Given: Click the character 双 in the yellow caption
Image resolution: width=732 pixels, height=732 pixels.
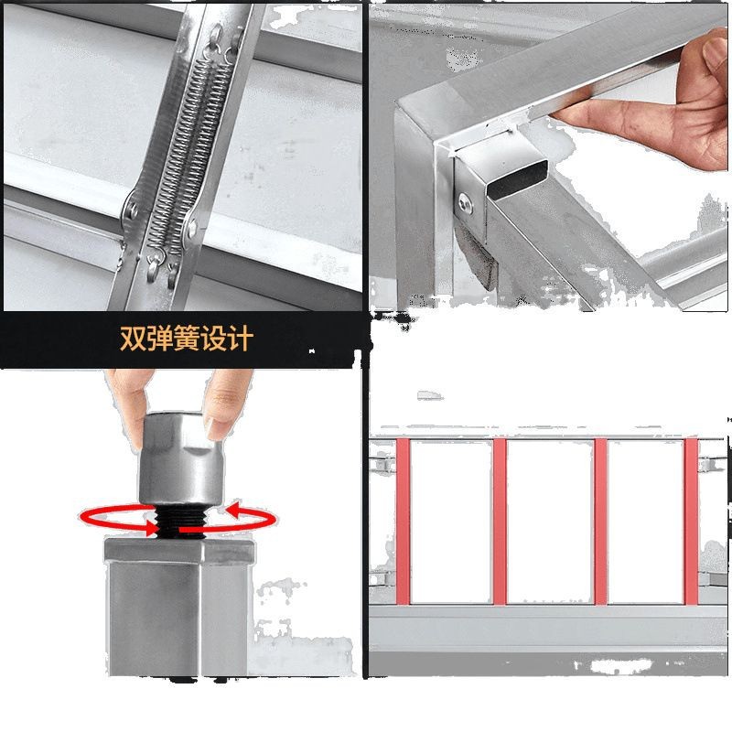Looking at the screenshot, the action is (x=133, y=339).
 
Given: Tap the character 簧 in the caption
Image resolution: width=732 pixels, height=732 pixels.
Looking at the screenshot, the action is (x=187, y=339).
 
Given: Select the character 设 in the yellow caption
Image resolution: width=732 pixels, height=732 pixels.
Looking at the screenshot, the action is (x=214, y=339).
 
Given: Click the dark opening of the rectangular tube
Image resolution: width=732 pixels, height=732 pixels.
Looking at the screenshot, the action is (x=517, y=179).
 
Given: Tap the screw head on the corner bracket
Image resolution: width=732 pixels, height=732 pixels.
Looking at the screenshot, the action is (x=466, y=205).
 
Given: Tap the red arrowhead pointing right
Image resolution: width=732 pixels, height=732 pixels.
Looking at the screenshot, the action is (x=151, y=529).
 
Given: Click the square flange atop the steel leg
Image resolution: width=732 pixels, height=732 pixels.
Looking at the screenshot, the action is (x=180, y=551).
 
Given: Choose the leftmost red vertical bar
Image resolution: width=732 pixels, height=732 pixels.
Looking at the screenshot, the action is (x=403, y=521).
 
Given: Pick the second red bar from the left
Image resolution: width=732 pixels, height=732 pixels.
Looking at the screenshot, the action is (x=500, y=521).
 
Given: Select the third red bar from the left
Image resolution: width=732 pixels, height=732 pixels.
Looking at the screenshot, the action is (x=601, y=521).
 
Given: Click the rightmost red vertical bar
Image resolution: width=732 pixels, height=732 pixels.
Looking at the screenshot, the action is (x=692, y=521).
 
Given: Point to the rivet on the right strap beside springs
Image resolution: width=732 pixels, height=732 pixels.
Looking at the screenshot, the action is (x=192, y=229).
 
